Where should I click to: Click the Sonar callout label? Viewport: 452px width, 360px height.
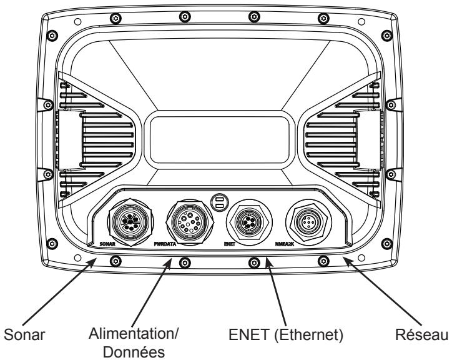point(24,335)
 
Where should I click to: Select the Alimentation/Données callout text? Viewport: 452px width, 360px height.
point(134,342)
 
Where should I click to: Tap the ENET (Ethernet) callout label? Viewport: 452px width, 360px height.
point(286,335)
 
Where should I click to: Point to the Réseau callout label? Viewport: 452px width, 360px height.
point(421,335)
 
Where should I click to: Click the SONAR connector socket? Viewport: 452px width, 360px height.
point(130,222)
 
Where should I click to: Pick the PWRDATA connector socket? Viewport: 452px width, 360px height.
point(190,222)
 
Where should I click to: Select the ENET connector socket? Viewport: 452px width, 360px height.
point(249,222)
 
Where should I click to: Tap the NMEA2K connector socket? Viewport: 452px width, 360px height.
point(309,222)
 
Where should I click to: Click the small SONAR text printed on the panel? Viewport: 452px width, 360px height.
point(107,244)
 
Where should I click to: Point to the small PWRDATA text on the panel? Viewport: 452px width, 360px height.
point(165,244)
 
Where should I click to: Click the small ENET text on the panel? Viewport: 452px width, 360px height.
point(230,244)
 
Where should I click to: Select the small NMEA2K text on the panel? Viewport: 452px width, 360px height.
point(285,244)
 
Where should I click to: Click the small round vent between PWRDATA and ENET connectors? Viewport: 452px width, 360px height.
point(220,202)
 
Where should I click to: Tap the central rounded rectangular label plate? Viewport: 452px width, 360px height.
point(220,139)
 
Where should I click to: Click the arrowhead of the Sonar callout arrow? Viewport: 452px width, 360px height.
point(92,262)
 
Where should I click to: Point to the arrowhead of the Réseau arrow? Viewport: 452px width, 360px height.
point(347,261)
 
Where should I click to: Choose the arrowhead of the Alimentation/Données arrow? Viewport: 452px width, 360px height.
point(169,262)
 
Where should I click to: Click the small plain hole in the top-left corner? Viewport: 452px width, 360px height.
point(77,22)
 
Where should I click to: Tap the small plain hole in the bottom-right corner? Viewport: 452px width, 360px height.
point(361,257)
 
